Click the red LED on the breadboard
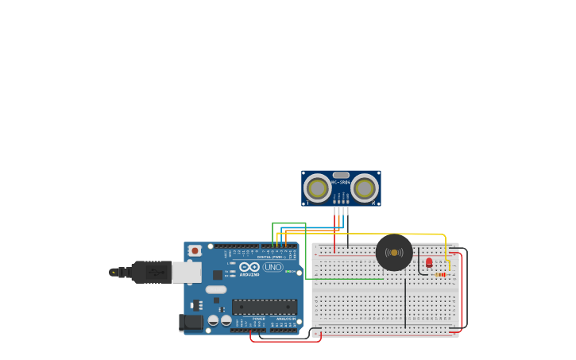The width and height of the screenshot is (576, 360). (x=429, y=262)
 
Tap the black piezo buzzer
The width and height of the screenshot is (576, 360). (x=394, y=252)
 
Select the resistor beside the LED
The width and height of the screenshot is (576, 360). (x=441, y=274)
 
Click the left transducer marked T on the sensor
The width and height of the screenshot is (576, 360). (x=318, y=188)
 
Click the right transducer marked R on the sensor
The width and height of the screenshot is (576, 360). (x=365, y=188)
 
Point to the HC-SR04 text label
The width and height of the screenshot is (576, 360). (x=341, y=182)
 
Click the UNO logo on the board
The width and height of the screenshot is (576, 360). (x=273, y=267)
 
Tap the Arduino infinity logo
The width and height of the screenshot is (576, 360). (x=249, y=267)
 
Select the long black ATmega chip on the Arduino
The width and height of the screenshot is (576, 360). (x=265, y=307)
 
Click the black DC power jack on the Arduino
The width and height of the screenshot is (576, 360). (x=191, y=322)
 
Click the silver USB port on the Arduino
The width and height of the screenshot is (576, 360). (x=187, y=273)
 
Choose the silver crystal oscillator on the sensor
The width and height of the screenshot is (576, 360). (x=341, y=175)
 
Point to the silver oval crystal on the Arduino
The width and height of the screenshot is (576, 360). (x=216, y=289)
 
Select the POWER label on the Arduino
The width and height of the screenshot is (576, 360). (x=259, y=319)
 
